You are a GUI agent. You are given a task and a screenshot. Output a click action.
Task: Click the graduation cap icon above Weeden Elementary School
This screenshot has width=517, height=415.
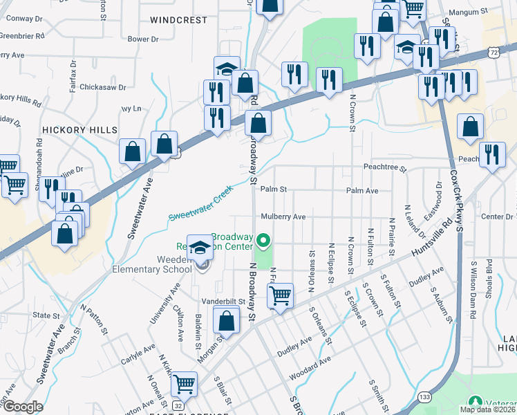[x=200, y=248]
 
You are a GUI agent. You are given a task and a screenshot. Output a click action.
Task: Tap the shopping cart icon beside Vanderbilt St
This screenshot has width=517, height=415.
[x=281, y=295]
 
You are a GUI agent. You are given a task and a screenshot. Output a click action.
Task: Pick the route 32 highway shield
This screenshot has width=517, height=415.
[x=178, y=405]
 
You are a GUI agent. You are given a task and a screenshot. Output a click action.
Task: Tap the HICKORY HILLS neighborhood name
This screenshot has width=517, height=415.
[x=79, y=129]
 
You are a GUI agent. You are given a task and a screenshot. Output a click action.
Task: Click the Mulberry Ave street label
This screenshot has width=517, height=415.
[x=283, y=216]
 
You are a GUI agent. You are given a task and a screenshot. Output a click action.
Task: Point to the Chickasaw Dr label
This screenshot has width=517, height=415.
[x=102, y=87]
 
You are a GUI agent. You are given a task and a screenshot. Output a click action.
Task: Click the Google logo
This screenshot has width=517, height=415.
[x=22, y=407]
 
